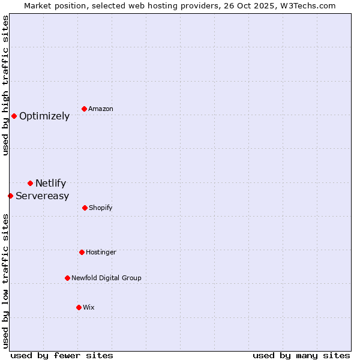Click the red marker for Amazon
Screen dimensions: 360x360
[84, 109]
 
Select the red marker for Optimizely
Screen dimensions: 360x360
[14, 116]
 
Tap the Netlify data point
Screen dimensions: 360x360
[30, 183]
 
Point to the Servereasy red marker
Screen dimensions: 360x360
[10, 196]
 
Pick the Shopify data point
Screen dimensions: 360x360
[85, 208]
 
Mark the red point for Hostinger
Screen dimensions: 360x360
[82, 252]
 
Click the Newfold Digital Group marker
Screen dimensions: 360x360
[67, 278]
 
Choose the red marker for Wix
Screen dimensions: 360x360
[79, 307]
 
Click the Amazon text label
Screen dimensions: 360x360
[101, 109]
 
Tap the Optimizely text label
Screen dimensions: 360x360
[44, 116]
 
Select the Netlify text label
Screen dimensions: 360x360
[50, 183]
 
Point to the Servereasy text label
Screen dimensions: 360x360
[42, 196]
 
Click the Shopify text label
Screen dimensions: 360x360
[101, 208]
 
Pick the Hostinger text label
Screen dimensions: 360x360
[101, 252]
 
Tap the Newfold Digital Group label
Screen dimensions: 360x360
[106, 278]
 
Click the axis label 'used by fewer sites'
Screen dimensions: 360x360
[61, 355]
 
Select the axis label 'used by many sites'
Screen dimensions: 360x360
[301, 355]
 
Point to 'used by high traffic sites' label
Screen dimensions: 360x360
[5, 85]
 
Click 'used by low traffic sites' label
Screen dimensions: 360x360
[5, 280]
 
